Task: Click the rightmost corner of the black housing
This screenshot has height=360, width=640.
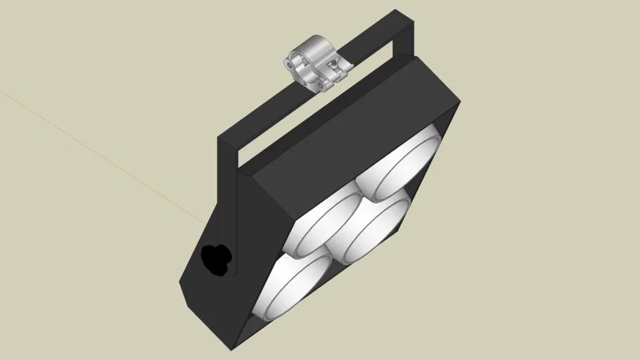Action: tap(461, 105)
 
